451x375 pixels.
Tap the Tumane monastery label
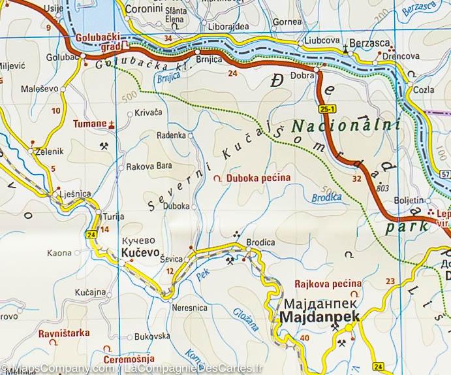click(x=89, y=123)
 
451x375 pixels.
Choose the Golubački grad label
click(x=100, y=42)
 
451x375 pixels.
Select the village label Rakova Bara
click(x=149, y=166)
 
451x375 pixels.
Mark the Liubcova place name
click(x=320, y=42)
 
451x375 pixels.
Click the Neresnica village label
click(x=189, y=307)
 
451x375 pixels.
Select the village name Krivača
click(x=148, y=113)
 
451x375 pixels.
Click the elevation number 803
click(x=382, y=188)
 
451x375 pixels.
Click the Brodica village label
click(x=260, y=242)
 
